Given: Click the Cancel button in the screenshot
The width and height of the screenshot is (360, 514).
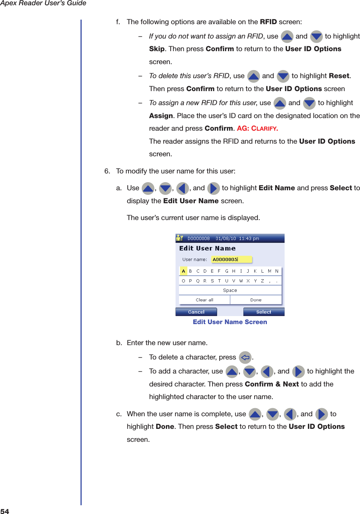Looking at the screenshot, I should coord(196,312).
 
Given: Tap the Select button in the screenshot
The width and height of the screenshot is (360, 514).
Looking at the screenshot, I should coord(263,312).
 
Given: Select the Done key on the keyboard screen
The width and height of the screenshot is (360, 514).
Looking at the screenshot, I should coord(256,300).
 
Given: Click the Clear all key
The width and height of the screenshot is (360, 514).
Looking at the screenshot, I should coord(205,300).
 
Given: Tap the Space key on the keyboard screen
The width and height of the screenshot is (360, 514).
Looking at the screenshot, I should coord(230,290).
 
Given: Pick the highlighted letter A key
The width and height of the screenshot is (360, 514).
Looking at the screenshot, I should coord(184,271).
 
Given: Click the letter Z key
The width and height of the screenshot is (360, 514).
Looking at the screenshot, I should coord(262,281).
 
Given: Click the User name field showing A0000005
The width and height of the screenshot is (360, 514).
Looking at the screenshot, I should coord(231,260).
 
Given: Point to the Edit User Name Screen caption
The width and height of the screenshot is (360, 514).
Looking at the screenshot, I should coord(230,322).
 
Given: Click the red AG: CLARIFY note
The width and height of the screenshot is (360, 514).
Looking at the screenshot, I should coord(257,129).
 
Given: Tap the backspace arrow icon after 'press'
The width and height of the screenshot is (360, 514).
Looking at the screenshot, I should coord(245,358).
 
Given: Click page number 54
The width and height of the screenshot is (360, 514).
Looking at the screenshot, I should coord(5,511).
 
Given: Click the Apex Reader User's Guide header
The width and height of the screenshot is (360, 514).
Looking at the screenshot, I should coord(43,4).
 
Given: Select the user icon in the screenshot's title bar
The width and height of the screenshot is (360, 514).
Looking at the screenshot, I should coord(180,238).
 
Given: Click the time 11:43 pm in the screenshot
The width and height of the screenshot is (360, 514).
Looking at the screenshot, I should coord(249,239).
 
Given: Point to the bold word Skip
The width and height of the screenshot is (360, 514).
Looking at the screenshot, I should coord(157,49).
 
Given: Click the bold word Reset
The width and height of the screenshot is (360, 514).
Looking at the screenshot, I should coord(339,76).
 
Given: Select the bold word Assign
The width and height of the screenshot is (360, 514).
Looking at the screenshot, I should coord(161,116).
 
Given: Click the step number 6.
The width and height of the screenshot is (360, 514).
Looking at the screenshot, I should coord(107,171).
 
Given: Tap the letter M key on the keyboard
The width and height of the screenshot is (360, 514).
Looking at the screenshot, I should coord(270,271).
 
